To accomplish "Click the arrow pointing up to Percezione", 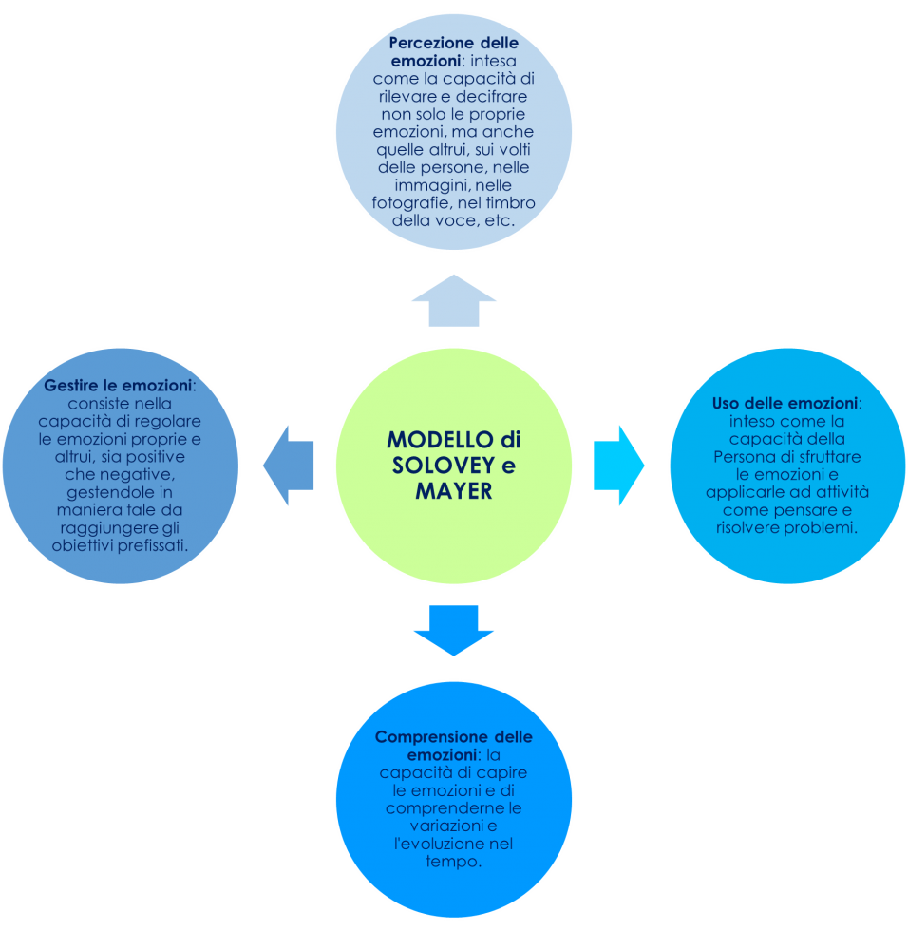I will [454, 302].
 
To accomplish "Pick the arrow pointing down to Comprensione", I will [454, 631].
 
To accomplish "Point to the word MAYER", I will [454, 491].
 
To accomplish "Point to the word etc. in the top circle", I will [496, 221].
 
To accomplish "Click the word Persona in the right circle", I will [739, 457].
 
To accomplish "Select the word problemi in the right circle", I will [823, 528].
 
